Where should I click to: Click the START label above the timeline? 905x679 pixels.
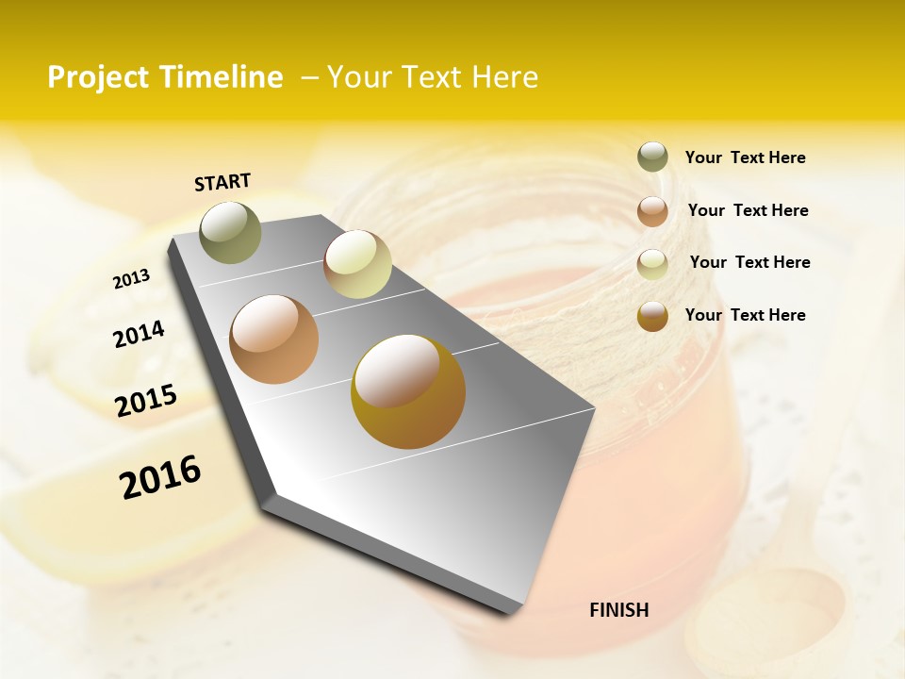[222, 182]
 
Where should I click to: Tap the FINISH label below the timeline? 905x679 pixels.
[618, 610]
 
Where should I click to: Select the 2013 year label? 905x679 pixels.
[131, 279]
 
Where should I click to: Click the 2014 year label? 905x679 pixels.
[139, 335]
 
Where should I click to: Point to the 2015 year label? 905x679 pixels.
[146, 400]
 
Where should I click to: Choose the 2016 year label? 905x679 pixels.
[160, 476]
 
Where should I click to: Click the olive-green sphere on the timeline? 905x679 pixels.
[230, 232]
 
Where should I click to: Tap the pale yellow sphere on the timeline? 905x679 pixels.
[357, 264]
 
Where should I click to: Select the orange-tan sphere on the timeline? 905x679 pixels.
[273, 339]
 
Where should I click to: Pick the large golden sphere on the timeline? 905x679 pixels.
[407, 391]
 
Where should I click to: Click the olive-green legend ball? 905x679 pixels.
[652, 157]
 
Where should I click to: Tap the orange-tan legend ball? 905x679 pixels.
[652, 210]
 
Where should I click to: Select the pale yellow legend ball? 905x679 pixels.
[652, 264]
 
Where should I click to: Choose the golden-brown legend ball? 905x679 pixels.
[652, 316]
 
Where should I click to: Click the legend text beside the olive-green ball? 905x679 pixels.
[745, 158]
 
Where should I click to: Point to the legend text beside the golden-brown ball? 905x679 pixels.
[745, 315]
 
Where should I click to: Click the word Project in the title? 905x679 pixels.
[97, 77]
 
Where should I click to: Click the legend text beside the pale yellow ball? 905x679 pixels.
[749, 262]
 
